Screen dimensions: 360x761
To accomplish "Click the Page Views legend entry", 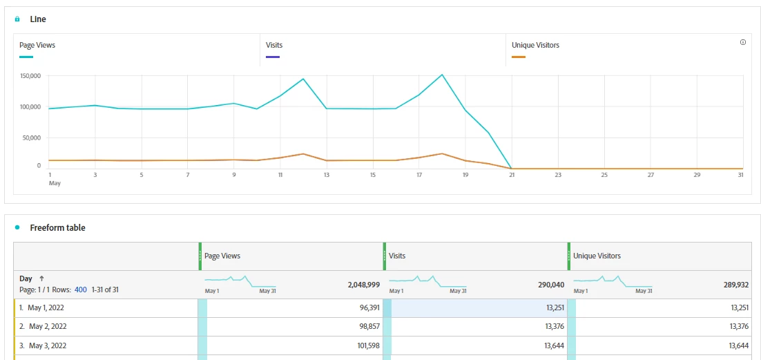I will point(37,46).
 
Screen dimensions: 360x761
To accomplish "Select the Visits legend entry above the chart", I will point(274,46).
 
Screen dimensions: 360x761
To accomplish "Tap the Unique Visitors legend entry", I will point(535,46).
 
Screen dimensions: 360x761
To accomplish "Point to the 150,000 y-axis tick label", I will point(30,75).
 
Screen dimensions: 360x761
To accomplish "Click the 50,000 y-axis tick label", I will point(32,138).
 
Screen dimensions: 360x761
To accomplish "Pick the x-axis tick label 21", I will point(512,175).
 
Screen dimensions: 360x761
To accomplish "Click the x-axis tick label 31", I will point(740,175).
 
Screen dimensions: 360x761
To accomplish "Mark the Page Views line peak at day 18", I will point(442,75).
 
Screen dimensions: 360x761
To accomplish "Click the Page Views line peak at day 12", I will point(303,79).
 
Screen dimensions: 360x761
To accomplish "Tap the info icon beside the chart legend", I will point(743,42).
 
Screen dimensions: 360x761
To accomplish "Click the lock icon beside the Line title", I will point(17,19).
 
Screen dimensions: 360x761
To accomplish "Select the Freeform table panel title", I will point(57,227).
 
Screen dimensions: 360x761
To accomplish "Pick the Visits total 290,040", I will point(551,284).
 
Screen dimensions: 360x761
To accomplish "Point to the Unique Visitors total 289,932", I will point(735,284).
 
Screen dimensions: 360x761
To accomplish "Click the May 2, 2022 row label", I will point(48,326).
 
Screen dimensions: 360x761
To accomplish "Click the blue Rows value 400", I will point(81,290).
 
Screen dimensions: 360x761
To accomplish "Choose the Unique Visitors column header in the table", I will point(597,256).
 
